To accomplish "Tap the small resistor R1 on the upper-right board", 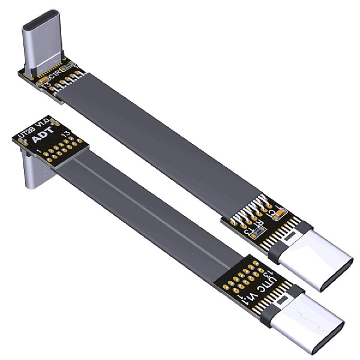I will tap(258, 230).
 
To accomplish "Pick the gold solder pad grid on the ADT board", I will tap(64, 146).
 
